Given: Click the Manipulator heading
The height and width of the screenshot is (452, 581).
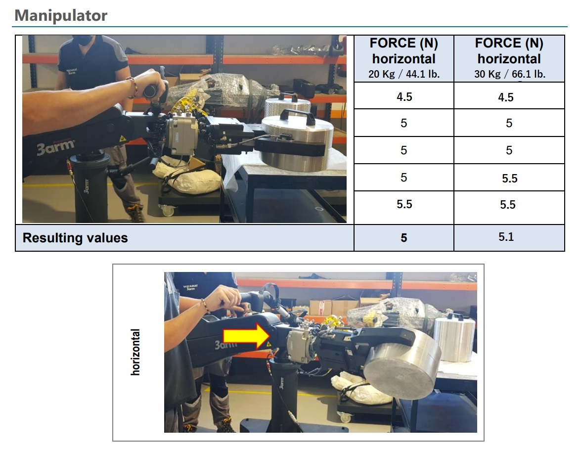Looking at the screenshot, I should click(x=61, y=15).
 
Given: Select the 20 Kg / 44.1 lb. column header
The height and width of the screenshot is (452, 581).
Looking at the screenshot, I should click(x=403, y=58).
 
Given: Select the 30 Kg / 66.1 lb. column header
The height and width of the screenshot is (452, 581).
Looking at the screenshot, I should click(x=509, y=58).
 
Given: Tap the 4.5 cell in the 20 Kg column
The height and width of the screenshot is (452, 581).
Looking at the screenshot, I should click(x=403, y=97).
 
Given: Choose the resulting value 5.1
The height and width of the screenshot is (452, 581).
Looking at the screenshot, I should click(x=506, y=237).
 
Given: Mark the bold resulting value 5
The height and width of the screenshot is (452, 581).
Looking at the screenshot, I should click(x=403, y=238).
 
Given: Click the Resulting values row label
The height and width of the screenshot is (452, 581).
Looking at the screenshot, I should click(x=75, y=238).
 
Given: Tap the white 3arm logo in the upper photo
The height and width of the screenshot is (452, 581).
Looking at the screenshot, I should click(x=56, y=146).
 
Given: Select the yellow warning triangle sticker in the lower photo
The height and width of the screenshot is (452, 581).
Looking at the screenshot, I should click(x=268, y=343).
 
